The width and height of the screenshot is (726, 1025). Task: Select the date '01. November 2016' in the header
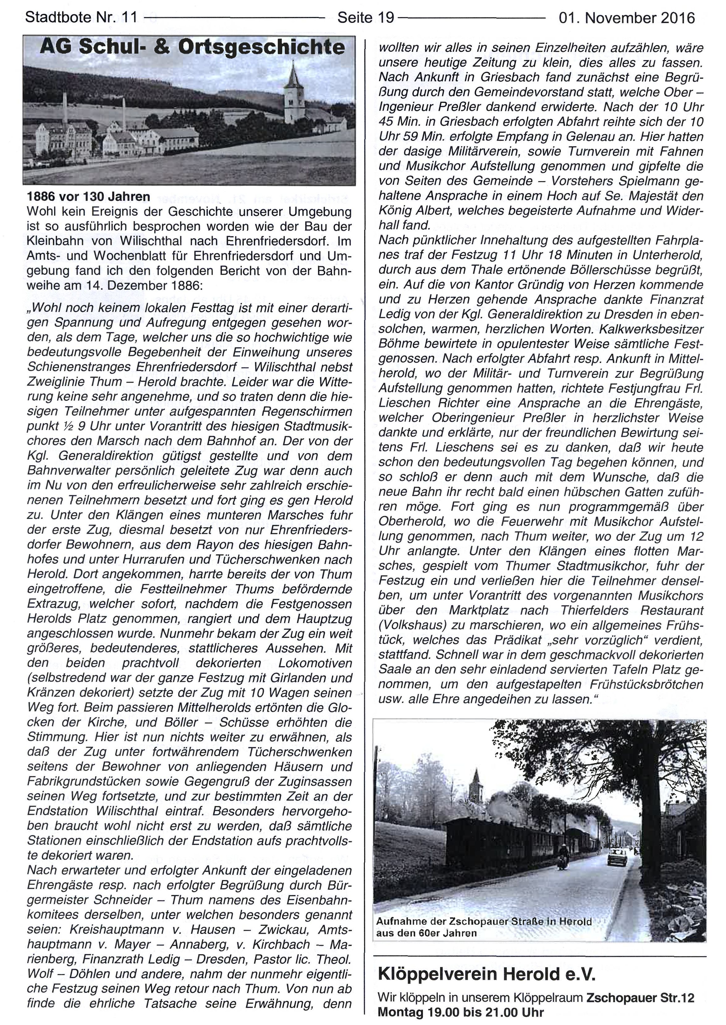(627, 18)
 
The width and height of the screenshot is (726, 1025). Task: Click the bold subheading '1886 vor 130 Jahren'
(89, 197)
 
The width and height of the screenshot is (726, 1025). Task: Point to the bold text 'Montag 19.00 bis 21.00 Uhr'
(460, 1012)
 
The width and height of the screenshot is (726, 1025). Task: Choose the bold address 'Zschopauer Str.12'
(640, 997)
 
